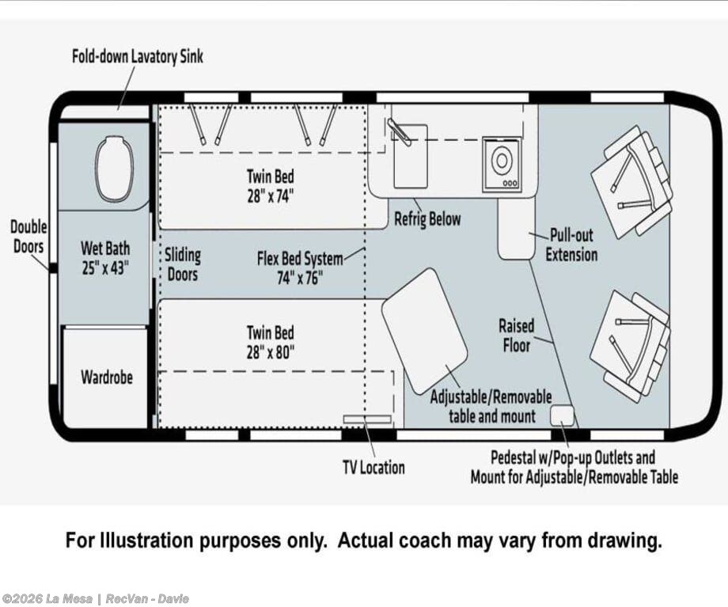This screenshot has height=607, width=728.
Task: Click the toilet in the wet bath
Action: point(114,169)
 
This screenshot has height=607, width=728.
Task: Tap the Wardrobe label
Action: point(107,377)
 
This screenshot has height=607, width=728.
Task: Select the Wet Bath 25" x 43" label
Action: point(105,258)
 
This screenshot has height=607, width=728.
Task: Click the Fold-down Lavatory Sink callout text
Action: point(138,57)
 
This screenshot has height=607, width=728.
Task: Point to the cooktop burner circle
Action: point(502,160)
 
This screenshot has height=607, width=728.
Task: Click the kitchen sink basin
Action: point(411,156)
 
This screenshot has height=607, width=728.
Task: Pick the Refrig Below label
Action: point(427,219)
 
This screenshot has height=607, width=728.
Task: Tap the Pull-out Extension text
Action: point(571,245)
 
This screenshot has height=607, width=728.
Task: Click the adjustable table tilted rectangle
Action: point(424,331)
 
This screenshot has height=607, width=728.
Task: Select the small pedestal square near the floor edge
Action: point(562,415)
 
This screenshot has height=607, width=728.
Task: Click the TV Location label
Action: point(373,467)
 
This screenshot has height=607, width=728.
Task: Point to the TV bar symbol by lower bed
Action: point(367,419)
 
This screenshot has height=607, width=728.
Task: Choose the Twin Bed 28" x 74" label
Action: point(271,186)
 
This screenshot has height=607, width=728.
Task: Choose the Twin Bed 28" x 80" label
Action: point(271,343)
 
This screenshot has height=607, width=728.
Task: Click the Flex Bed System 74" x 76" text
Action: point(301,268)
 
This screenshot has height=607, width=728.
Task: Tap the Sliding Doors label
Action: point(183,264)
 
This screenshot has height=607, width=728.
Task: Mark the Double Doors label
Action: point(28,237)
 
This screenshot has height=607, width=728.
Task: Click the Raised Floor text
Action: point(516,336)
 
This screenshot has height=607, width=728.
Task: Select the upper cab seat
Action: point(632,181)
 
